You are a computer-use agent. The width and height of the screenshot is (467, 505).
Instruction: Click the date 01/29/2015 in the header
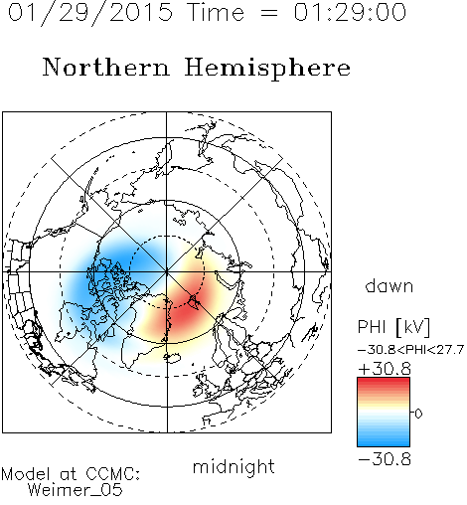(x=90, y=13)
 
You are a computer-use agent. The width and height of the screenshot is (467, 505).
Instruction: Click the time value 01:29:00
(x=350, y=12)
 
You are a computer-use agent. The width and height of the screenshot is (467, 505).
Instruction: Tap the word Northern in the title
(x=106, y=67)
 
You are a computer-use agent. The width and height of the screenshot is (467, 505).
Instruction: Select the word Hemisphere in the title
(x=267, y=69)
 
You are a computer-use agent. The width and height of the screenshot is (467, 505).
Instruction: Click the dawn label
(x=389, y=285)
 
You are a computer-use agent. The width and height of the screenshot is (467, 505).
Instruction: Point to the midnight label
(x=233, y=468)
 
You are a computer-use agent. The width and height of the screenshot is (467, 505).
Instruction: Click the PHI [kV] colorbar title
(x=393, y=327)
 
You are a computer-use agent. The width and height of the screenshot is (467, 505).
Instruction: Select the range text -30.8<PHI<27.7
(x=410, y=350)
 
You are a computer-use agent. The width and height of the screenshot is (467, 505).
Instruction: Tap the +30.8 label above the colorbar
(x=385, y=369)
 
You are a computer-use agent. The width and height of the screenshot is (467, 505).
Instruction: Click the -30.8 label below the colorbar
(x=385, y=459)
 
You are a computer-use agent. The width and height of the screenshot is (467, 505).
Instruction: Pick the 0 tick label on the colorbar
(x=418, y=414)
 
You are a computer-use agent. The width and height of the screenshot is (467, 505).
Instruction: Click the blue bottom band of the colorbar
(x=384, y=440)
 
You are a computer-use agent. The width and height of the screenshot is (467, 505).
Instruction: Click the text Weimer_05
(x=76, y=490)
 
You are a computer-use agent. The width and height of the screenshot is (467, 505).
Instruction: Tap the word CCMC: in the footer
(x=112, y=474)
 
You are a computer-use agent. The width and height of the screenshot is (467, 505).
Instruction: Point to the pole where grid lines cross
(x=167, y=271)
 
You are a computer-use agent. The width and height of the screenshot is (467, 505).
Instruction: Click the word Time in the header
(x=216, y=12)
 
